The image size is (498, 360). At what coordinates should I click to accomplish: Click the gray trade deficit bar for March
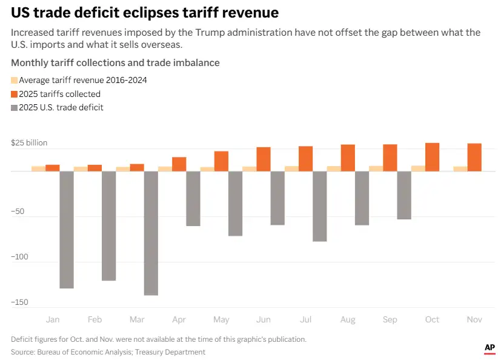coord(151,233)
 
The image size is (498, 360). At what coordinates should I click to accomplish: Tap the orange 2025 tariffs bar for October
coord(432,157)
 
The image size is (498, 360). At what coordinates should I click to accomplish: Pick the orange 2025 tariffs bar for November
coord(474,157)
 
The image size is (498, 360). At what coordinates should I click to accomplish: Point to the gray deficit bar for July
coord(319,206)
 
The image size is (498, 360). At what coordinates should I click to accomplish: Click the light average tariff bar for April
coord(165,168)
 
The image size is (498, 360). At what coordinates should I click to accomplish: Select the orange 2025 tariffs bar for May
coord(221,161)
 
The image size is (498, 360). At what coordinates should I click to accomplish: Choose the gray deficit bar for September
coord(404,195)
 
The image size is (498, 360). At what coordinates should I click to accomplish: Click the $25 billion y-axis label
coord(29,143)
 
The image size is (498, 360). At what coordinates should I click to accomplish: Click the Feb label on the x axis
coord(95,319)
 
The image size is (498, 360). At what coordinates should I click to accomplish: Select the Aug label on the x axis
coord(348,319)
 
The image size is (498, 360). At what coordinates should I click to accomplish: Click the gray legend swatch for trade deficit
coord(15,108)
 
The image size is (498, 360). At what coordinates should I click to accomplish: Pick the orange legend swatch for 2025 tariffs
coord(15,94)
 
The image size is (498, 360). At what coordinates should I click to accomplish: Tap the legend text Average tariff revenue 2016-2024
coord(83,80)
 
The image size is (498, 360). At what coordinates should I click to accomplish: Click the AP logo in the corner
coord(490,348)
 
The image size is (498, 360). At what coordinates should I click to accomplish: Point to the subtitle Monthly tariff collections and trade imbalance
coord(115,63)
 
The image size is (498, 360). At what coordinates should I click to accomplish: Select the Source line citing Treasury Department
coord(108,352)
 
